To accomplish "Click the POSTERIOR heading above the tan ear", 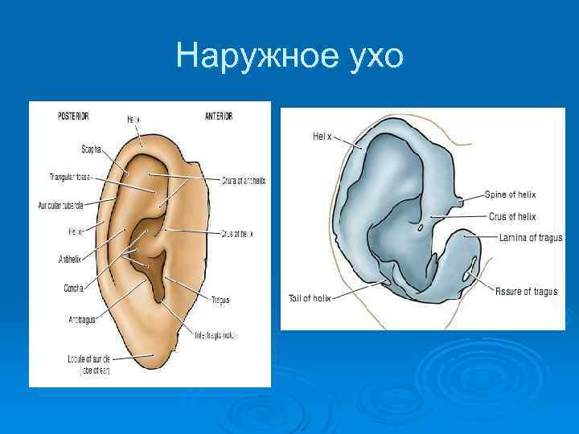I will pyautogui.click(x=79, y=117).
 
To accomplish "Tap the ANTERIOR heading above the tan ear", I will pyautogui.click(x=219, y=117).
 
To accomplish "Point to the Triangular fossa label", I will pyautogui.click(x=67, y=176).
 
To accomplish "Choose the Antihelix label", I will pyautogui.click(x=69, y=260).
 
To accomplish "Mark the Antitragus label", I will pyautogui.click(x=82, y=319).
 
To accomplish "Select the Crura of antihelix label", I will pyautogui.click(x=244, y=181).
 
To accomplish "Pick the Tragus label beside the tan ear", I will pyautogui.click(x=220, y=300).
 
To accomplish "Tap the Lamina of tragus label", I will pyautogui.click(x=530, y=238).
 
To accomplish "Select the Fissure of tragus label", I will pyautogui.click(x=525, y=291).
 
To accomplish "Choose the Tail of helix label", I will pyautogui.click(x=310, y=297).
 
